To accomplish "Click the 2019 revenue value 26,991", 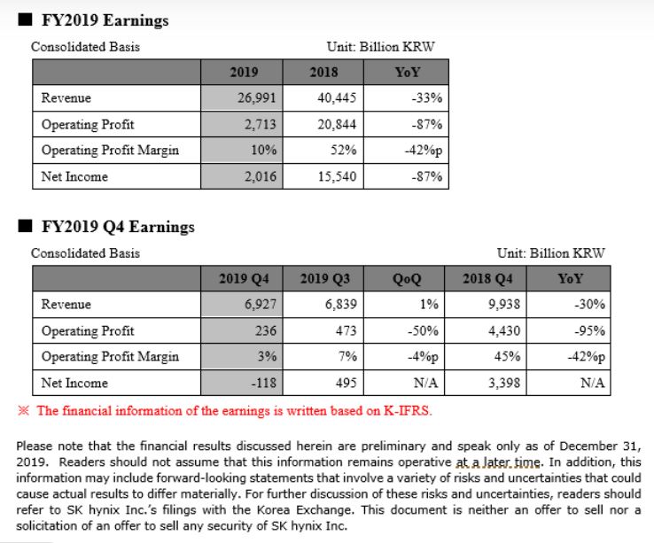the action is tap(256, 98).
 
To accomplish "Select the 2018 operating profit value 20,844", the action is tap(337, 124).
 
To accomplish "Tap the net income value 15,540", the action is tap(337, 176).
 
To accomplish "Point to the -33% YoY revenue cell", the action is tap(426, 98).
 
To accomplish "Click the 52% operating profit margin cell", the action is tap(343, 150).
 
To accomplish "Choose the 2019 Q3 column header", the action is tap(325, 279).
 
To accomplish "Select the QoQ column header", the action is tap(407, 279).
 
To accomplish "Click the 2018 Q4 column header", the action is tap(487, 279).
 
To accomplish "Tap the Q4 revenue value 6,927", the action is tap(261, 305).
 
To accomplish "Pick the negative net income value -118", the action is tap(263, 383).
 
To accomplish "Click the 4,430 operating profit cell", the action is tap(504, 330).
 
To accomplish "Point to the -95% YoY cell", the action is tap(589, 330).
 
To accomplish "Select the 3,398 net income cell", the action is tap(504, 383).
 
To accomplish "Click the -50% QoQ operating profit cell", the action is tap(423, 330).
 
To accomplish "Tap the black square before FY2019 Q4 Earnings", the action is tap(25, 226).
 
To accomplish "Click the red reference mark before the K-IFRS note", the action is tap(24, 410).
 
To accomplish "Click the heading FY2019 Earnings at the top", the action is tap(105, 20).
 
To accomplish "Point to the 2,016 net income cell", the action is tap(261, 176).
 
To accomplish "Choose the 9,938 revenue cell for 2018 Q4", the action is tap(504, 305).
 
